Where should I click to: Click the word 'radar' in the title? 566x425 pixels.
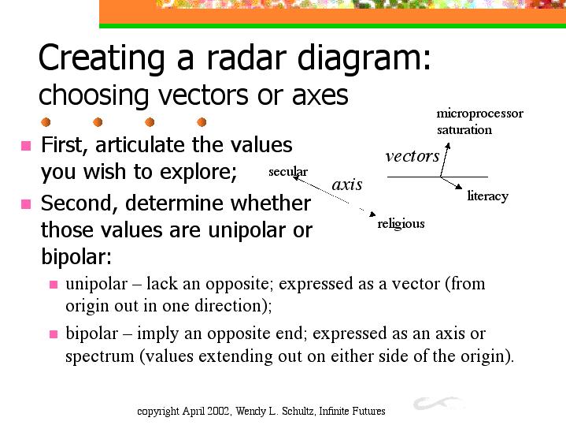[x=246, y=57]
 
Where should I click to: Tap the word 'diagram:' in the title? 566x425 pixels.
[x=364, y=60]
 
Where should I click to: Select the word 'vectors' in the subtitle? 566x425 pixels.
[x=203, y=95]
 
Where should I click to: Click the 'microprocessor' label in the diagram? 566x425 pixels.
[x=479, y=114]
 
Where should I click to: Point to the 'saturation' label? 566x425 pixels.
[x=464, y=129]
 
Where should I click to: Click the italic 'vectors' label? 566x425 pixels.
[x=412, y=156]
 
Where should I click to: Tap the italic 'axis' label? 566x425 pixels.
[x=347, y=185]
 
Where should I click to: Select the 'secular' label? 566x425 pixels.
[x=288, y=171]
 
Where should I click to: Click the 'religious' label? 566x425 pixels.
[x=401, y=224]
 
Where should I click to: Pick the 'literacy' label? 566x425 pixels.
[x=487, y=196]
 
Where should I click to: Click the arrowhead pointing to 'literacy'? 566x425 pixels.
[x=459, y=187]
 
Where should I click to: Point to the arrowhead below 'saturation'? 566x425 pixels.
[x=448, y=146]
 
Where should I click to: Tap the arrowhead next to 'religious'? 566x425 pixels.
[x=372, y=214]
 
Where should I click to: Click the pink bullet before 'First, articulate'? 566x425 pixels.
[x=26, y=145]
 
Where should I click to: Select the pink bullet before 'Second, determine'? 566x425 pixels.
[x=26, y=204]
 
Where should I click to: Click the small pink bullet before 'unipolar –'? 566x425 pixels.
[x=54, y=285]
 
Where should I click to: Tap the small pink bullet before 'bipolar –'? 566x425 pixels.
[x=54, y=334]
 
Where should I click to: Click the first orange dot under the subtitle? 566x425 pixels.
[x=46, y=122]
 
